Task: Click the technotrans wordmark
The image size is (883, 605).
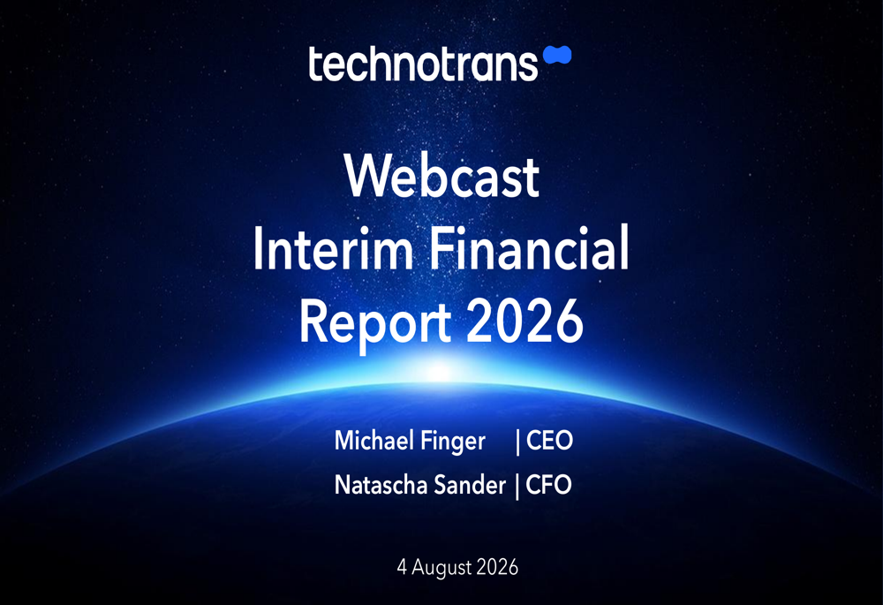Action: pos(423,64)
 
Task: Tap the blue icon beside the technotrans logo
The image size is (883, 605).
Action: pos(557,56)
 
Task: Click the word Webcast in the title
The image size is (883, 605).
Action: pos(442,177)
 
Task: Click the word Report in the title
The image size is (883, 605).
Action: pos(375,322)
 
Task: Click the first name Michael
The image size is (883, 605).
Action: pos(374,440)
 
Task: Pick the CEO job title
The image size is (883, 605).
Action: pos(549,441)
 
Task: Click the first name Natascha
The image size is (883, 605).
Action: pos(381,485)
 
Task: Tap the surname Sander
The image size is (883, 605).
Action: pos(471,485)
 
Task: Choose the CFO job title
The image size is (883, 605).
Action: pos(548,485)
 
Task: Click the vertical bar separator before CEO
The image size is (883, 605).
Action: pos(517,442)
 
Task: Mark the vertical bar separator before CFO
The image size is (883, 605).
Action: pos(517,487)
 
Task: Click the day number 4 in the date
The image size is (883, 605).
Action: pos(402,567)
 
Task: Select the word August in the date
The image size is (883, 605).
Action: pos(441,568)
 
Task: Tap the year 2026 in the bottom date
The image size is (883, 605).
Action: pos(496,567)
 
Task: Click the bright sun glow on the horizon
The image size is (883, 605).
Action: pos(441,371)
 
